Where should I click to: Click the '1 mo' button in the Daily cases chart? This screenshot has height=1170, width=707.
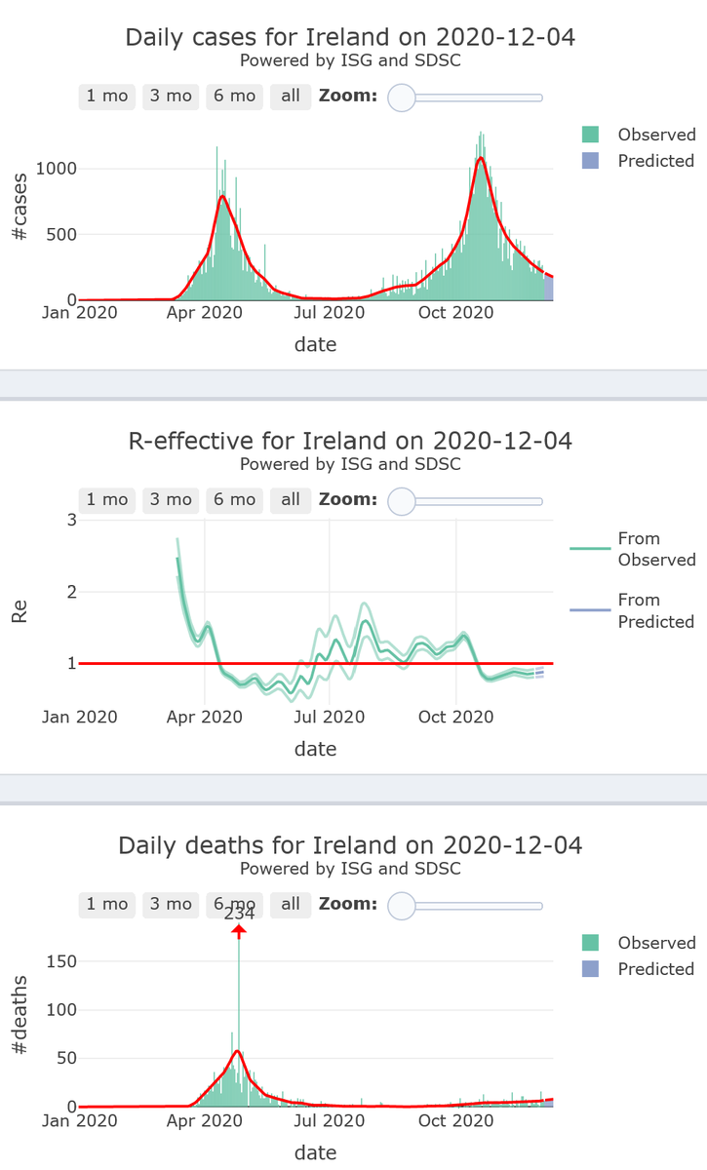(107, 96)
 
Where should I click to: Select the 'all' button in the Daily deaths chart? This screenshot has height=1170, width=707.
(291, 904)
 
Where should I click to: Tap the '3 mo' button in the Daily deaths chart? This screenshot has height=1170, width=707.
(171, 904)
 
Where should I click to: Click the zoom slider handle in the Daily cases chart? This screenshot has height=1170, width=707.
(402, 97)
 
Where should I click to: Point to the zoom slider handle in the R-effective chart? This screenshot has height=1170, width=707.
(402, 500)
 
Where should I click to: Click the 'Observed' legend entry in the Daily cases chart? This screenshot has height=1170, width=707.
(638, 135)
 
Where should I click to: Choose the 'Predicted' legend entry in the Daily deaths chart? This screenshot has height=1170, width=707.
(638, 969)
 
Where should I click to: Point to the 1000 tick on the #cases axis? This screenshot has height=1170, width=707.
(57, 169)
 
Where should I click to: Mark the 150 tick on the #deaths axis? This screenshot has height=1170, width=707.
(61, 961)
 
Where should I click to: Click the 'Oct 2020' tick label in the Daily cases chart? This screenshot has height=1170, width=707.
(455, 312)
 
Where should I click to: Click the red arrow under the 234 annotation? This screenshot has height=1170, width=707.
(239, 932)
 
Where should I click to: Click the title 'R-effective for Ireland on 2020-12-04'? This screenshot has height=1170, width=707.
(350, 441)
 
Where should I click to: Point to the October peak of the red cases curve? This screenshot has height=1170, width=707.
(480, 158)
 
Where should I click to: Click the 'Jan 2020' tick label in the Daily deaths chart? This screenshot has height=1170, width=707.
(79, 1120)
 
